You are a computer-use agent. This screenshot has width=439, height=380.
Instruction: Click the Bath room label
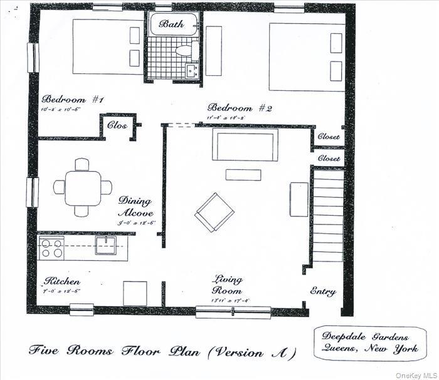pyautogui.click(x=171, y=24)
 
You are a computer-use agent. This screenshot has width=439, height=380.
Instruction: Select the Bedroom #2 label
pyautogui.click(x=240, y=107)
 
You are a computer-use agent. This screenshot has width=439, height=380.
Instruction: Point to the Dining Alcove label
pyautogui.click(x=135, y=207)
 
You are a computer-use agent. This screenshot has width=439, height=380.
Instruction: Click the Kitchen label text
pyautogui.click(x=61, y=282)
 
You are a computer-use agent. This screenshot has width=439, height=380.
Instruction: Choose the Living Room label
pyautogui.click(x=227, y=284)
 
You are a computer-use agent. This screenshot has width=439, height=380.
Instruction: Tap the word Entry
pyautogui.click(x=324, y=292)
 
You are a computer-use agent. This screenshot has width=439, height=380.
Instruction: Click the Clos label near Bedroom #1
pyautogui.click(x=117, y=125)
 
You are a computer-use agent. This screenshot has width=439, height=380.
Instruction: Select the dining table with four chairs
pyautogui.click(x=82, y=187)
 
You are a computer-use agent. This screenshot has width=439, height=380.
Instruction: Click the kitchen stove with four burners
pyautogui.click(x=51, y=248)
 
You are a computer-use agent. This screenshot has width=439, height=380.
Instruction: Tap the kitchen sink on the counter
pyautogui.click(x=105, y=245)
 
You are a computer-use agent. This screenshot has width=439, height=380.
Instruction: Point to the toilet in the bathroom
pyautogui.click(x=183, y=51)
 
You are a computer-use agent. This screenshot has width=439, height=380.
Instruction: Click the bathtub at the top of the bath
pyautogui.click(x=174, y=25)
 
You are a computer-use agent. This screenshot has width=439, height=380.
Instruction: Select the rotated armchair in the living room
pyautogui.click(x=214, y=212)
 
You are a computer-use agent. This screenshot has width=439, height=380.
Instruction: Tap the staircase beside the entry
pyautogui.click(x=328, y=216)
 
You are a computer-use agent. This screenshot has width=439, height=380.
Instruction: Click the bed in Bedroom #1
pyautogui.click(x=107, y=46)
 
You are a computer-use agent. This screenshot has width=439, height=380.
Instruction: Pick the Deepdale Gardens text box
pyautogui.click(x=369, y=344)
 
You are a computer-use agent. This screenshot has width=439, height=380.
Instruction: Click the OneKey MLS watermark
pyautogui.click(x=416, y=375)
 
